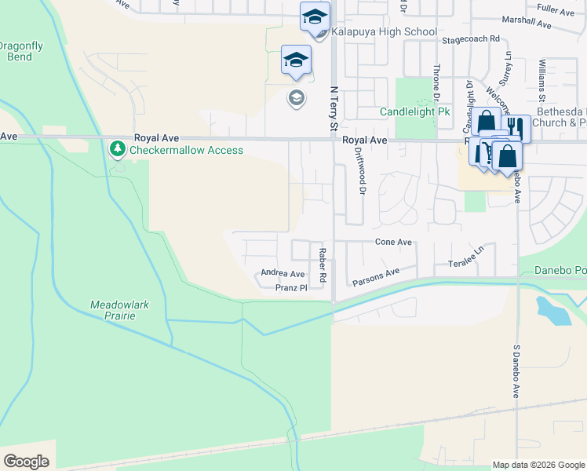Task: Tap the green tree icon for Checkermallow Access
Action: (118, 148)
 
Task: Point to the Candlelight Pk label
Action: (414, 112)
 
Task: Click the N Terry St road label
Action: (334, 108)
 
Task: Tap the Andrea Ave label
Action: (283, 274)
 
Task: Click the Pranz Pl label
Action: (290, 288)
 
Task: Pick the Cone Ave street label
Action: (393, 243)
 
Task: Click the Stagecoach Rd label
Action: (470, 38)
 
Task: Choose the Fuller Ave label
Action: (556, 9)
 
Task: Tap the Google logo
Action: (27, 461)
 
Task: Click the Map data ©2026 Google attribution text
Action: (538, 465)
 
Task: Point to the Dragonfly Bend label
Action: (20, 51)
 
